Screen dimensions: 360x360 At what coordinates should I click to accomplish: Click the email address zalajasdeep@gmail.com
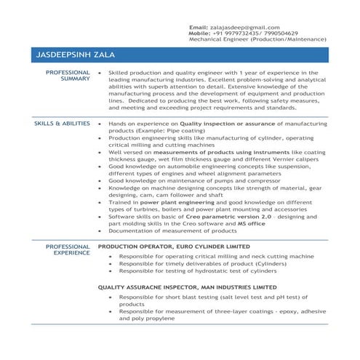pos(244,27)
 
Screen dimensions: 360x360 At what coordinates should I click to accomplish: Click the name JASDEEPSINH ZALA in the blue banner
pos(75,55)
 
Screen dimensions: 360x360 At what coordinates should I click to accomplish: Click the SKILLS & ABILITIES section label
pos(62,124)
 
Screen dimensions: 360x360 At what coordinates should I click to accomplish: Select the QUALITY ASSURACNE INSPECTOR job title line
pos(188,287)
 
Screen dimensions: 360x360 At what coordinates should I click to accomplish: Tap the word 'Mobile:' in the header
pos(199,33)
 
